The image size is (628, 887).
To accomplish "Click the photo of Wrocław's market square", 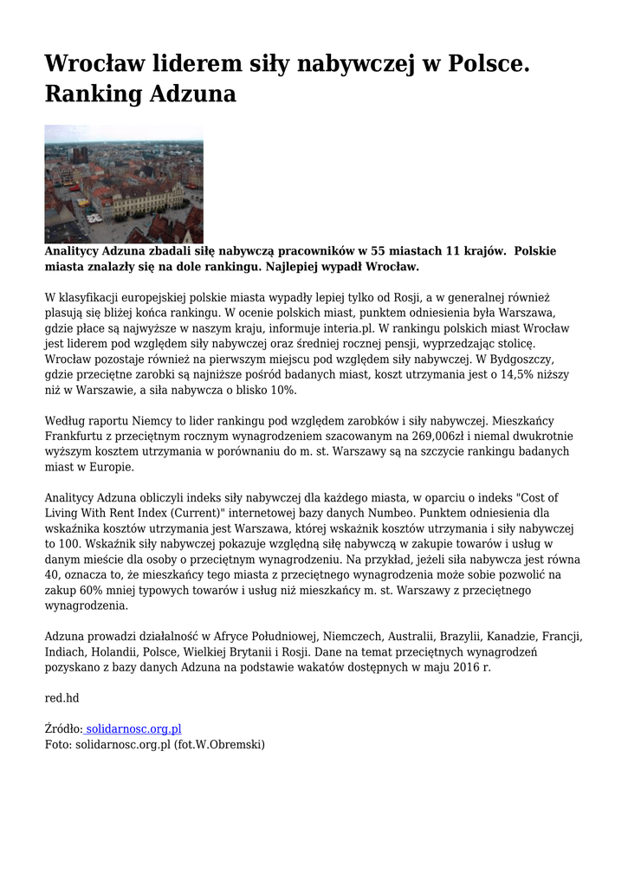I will (x=124, y=184).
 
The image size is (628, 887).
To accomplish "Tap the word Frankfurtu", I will (x=75, y=437).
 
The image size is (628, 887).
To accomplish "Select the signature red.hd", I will (x=62, y=698).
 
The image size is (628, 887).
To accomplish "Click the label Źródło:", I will (x=63, y=729).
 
